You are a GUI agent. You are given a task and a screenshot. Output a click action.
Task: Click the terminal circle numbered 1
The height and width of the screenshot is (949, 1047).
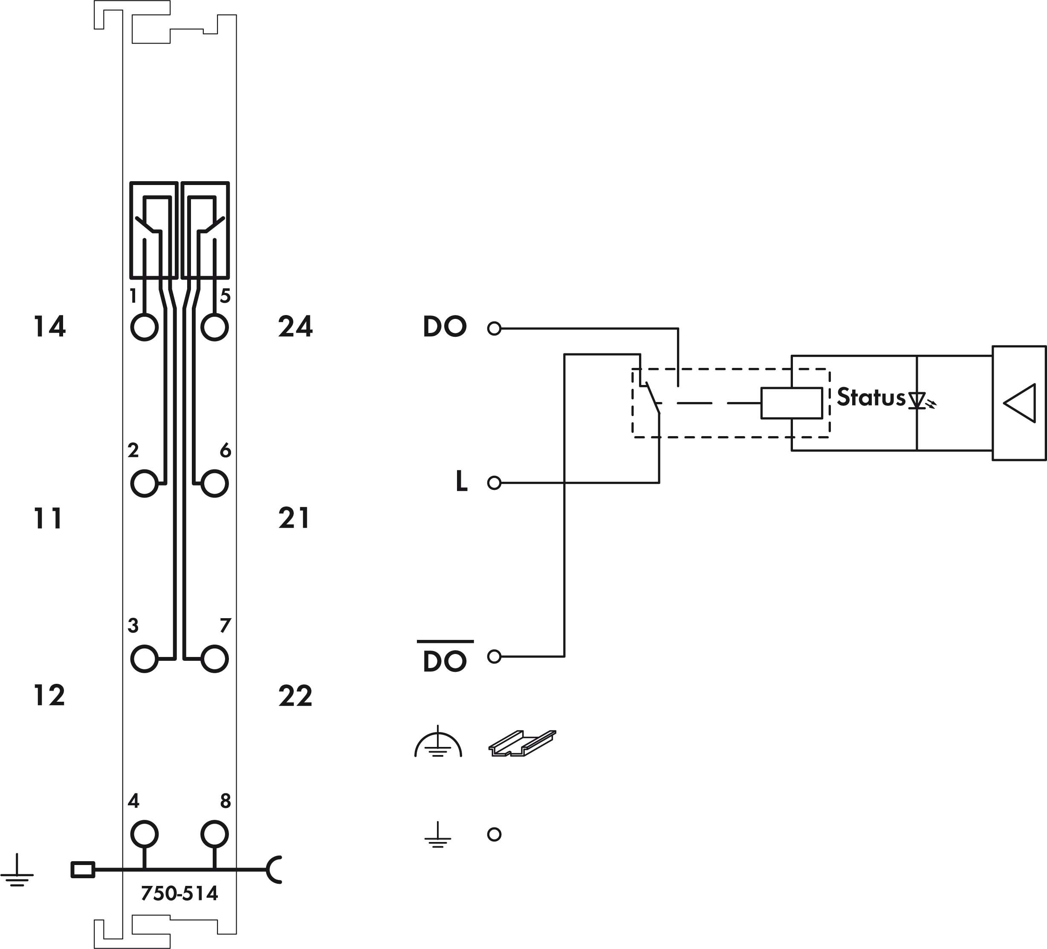coord(145,327)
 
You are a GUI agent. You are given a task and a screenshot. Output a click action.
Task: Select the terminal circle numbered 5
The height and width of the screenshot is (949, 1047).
coord(214,327)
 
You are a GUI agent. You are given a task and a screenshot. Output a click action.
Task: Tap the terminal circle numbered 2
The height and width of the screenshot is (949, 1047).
coord(145,483)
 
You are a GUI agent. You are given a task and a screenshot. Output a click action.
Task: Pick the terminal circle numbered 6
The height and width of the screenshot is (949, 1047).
coord(214,483)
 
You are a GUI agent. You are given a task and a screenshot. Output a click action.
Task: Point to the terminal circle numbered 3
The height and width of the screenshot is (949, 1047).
coord(145,659)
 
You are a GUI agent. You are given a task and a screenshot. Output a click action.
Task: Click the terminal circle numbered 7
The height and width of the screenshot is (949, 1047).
coord(214,659)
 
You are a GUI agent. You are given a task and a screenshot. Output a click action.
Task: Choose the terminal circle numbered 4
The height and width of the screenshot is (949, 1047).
coord(145,834)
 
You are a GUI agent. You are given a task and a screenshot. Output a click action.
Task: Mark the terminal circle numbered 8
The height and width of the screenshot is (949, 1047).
coord(214,834)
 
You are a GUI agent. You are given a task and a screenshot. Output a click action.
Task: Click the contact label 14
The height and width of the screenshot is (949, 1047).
coord(49,327)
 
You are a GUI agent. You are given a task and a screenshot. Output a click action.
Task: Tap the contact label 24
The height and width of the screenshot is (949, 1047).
coord(295,327)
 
